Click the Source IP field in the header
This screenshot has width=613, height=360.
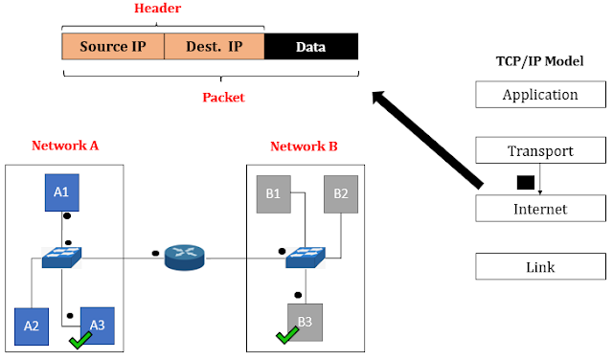point(113,47)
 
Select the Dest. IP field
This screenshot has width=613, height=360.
point(214,47)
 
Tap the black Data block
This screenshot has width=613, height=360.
point(309,47)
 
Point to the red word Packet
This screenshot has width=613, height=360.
point(222,97)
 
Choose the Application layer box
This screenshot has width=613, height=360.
point(540,95)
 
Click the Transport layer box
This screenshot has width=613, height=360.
point(540,151)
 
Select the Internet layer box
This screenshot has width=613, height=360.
point(540,209)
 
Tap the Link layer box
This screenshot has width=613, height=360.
point(540,267)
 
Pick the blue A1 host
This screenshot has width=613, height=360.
point(61,192)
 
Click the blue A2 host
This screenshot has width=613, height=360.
point(32,326)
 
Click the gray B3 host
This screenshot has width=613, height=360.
point(304,322)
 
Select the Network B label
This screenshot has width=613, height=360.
point(304,146)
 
